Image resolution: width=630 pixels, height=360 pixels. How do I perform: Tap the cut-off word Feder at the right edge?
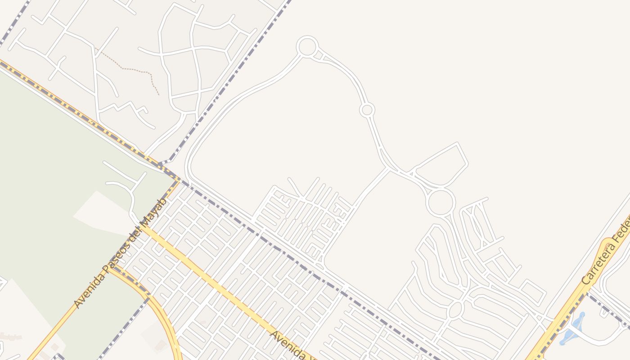point(622,233)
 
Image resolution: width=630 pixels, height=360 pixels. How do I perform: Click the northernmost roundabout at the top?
point(307,46)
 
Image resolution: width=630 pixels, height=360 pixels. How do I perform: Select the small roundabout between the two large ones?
point(367,110)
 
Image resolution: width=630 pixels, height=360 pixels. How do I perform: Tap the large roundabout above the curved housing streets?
point(441,202)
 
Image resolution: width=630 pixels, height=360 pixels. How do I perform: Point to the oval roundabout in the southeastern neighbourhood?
point(455,310)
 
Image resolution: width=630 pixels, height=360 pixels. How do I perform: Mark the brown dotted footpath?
point(130,69)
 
